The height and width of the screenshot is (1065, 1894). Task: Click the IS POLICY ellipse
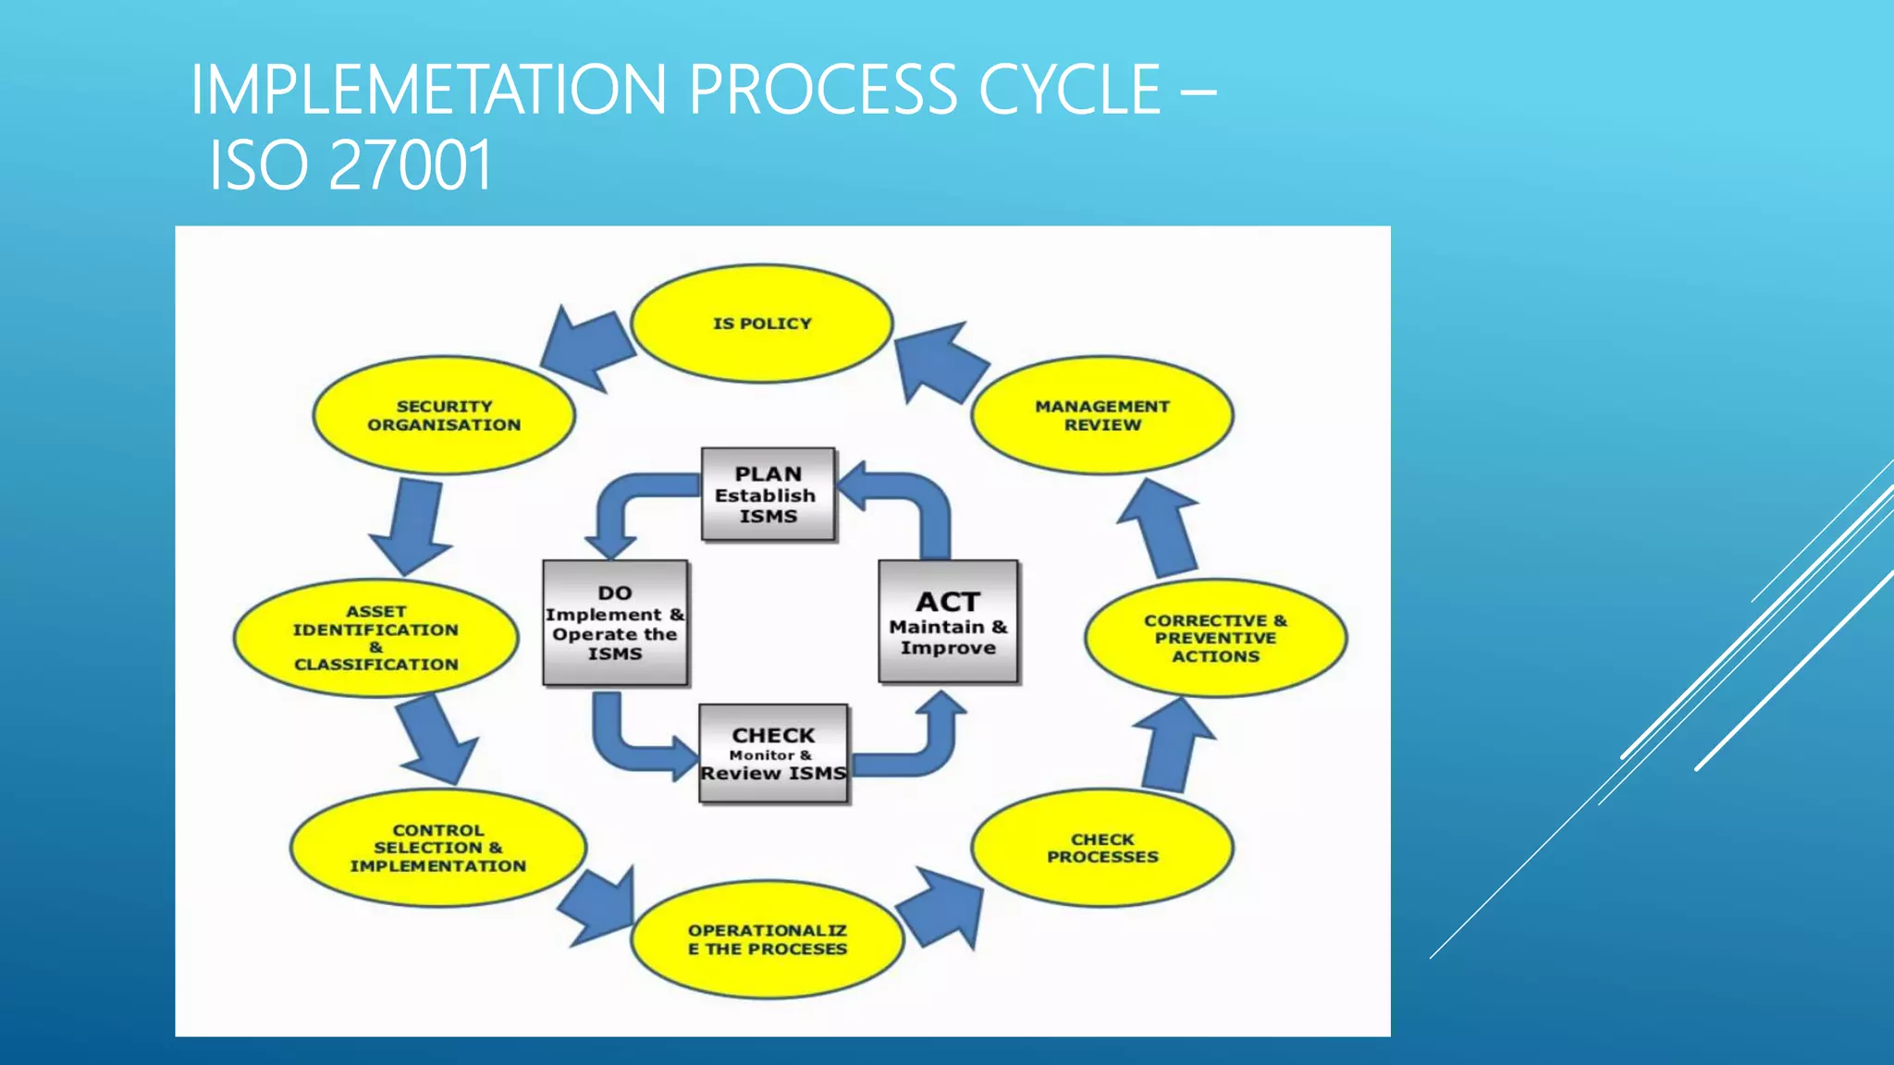tap(761, 324)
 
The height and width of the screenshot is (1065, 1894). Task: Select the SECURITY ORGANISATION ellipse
tap(444, 416)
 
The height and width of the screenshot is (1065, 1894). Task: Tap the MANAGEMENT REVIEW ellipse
tap(1101, 416)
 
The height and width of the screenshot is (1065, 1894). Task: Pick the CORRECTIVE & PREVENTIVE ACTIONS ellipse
tap(1215, 638)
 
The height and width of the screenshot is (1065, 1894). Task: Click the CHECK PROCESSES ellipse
tap(1101, 848)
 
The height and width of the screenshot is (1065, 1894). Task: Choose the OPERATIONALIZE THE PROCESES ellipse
tap(767, 939)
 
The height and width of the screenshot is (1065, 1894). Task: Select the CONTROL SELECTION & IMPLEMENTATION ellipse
tap(437, 848)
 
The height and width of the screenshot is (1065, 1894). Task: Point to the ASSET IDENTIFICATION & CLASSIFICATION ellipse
tap(375, 638)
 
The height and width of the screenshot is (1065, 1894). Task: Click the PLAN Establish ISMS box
tap(768, 495)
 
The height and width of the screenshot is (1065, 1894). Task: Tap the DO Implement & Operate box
tap(615, 622)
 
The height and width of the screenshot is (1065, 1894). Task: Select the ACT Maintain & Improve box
tap(948, 622)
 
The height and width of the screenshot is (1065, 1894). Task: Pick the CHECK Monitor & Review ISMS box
tap(773, 753)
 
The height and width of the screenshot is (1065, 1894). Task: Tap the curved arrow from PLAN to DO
tap(629, 504)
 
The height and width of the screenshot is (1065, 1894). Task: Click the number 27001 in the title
tap(410, 166)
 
